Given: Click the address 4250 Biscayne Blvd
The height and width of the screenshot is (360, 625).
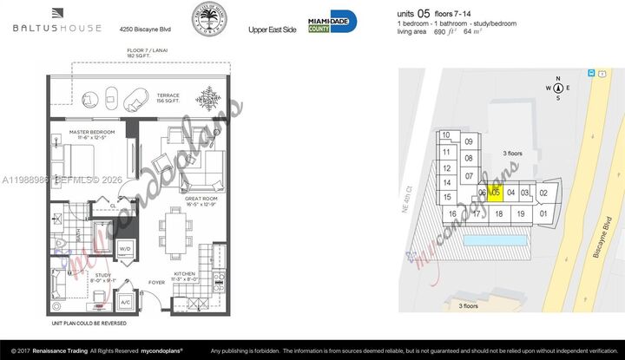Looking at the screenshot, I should [145, 29].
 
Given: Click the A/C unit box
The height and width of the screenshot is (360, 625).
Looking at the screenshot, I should [124, 302].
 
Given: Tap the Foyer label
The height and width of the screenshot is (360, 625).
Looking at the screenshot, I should [156, 282].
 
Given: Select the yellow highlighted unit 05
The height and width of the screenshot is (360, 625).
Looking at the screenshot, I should [496, 193].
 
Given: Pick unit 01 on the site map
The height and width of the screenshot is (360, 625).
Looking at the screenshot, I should [543, 213].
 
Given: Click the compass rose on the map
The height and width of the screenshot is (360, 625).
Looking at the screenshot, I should [557, 88].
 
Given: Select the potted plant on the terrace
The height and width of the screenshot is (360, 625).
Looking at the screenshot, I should [208, 97].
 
